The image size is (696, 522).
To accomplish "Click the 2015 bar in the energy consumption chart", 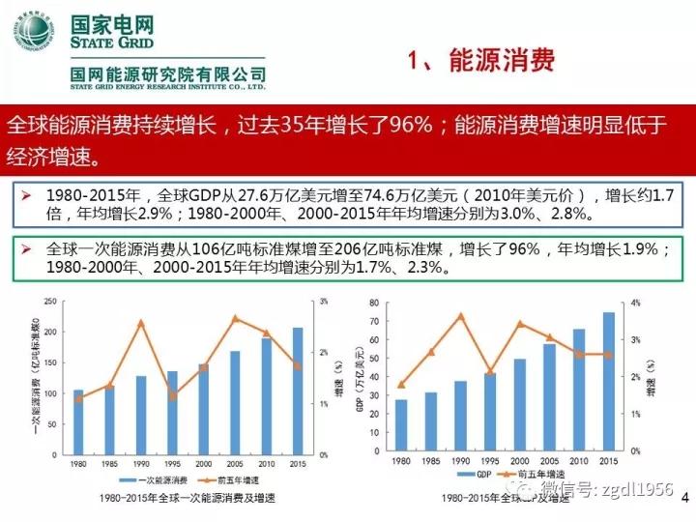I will tap(297, 391).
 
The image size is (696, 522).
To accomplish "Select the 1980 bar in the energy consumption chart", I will tap(79, 421).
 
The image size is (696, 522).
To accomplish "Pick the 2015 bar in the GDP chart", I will tap(609, 381).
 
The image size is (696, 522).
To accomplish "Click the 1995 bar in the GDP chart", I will tap(491, 411).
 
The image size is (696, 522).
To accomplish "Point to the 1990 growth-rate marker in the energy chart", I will tap(141, 322).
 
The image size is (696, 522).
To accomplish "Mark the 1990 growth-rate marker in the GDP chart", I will tap(461, 315).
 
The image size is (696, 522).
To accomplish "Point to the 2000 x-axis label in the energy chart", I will tap(204, 464).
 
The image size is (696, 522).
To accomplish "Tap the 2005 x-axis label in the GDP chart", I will tap(550, 461).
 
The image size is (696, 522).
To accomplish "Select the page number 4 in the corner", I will tap(684, 496).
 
